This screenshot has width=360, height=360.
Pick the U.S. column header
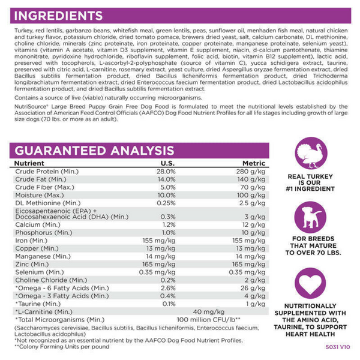(167, 163)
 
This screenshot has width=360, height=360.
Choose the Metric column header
(254, 163)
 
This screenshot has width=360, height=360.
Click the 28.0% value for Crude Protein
(166, 171)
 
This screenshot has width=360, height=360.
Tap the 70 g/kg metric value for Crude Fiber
(254, 187)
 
